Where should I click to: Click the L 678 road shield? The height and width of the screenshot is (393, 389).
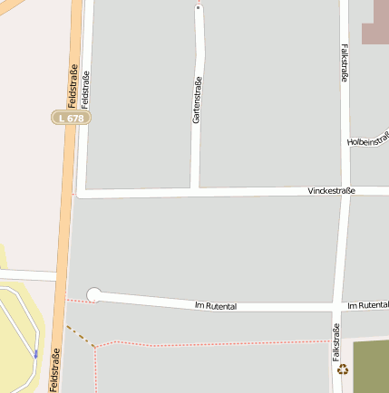pyautogui.click(x=71, y=118)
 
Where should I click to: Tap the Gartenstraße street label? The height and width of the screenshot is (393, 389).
pyautogui.click(x=197, y=100)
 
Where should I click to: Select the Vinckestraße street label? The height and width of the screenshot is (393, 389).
pyautogui.click(x=331, y=190)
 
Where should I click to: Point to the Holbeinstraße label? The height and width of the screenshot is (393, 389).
pyautogui.click(x=369, y=139)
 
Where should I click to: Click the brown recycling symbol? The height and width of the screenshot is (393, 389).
pyautogui.click(x=343, y=369)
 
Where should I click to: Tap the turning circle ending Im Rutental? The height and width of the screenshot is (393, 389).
pyautogui.click(x=93, y=294)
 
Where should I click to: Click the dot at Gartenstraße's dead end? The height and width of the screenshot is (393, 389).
pyautogui.click(x=198, y=7)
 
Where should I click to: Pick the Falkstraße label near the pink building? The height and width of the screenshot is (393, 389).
pyautogui.click(x=345, y=64)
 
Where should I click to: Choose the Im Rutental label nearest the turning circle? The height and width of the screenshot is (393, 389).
pyautogui.click(x=216, y=306)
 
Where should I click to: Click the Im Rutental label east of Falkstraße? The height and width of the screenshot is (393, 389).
pyautogui.click(x=367, y=306)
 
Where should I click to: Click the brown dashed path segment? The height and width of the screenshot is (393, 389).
pyautogui.click(x=80, y=335)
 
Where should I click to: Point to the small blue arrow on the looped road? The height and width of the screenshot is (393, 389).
pyautogui.click(x=36, y=353)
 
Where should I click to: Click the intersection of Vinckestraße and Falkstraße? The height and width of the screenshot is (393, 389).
pyautogui.click(x=345, y=191)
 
